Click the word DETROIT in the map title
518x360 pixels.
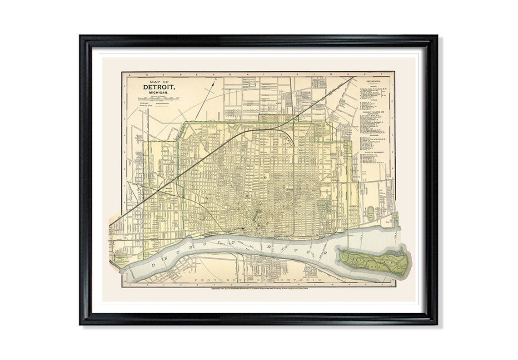click(x=159, y=87)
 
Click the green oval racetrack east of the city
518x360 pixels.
click(x=371, y=213)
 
